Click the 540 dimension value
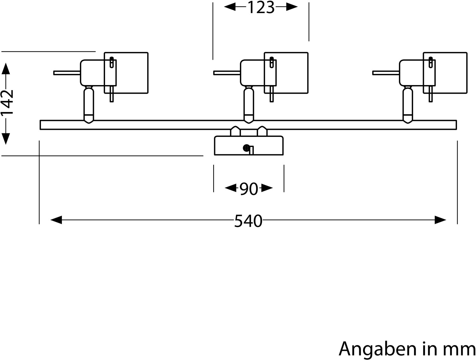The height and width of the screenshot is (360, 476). click(x=248, y=221)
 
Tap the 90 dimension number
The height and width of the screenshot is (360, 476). click(x=249, y=189)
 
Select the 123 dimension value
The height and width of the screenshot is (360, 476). click(x=261, y=7)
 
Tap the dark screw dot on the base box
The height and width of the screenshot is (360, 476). click(x=246, y=148)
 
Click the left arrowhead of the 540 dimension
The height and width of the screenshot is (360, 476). click(x=56, y=220)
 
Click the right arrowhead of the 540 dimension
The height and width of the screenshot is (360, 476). click(x=440, y=220)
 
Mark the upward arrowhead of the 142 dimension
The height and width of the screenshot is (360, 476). click(x=6, y=69)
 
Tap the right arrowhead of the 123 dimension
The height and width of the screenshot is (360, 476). click(x=292, y=7)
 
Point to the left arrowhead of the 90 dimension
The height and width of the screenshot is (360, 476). click(x=231, y=188)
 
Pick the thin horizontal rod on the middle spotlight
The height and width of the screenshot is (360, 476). click(x=227, y=73)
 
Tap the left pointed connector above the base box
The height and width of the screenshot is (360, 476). click(x=235, y=131)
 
